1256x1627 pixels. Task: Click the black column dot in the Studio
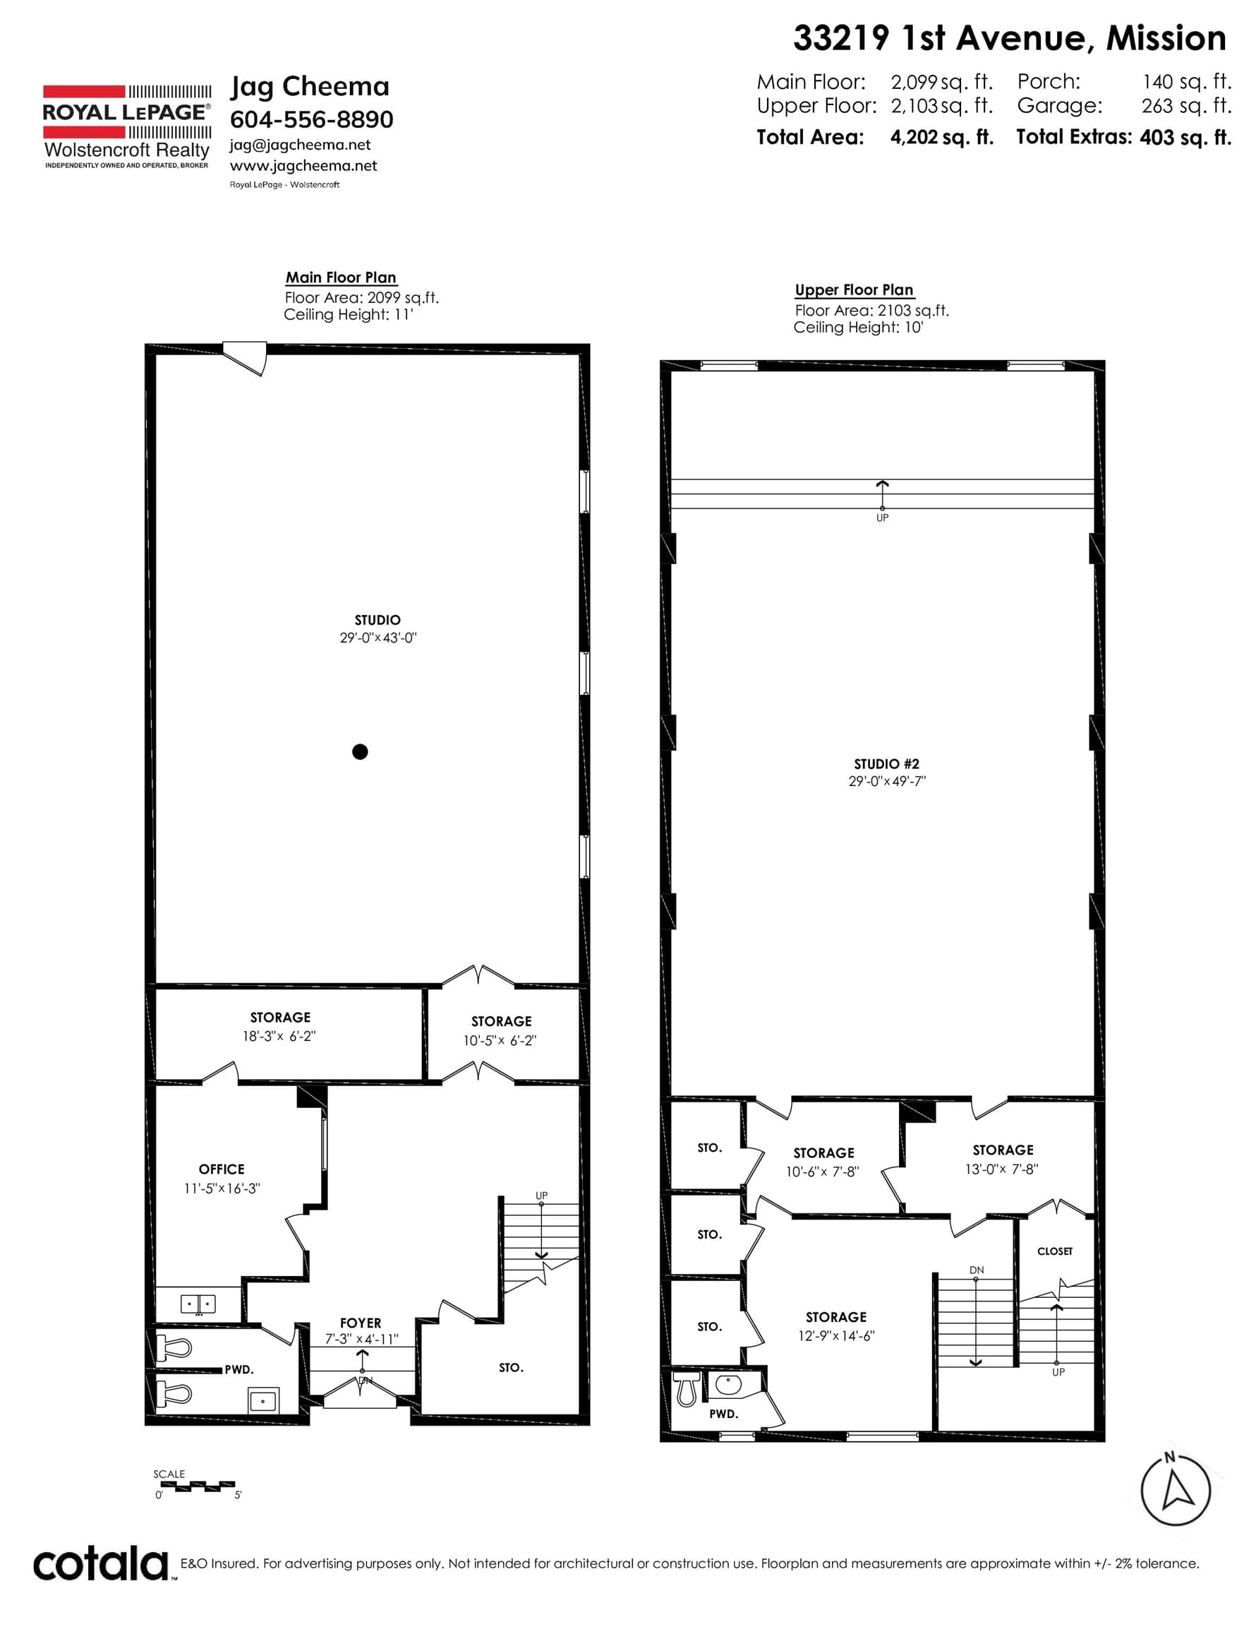click(x=360, y=751)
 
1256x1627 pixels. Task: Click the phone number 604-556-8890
click(x=311, y=119)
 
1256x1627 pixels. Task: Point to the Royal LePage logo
click(x=126, y=126)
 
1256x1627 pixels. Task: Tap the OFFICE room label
click(x=221, y=1169)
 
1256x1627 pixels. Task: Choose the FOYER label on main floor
click(x=361, y=1323)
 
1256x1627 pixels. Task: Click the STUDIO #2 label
click(x=887, y=763)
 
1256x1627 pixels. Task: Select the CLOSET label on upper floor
click(x=1055, y=1251)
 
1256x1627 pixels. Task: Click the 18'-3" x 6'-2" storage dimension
click(x=279, y=1035)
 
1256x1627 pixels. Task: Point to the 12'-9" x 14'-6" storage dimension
click(x=836, y=1336)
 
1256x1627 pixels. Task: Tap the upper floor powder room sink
click(x=727, y=1385)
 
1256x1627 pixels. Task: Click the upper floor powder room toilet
click(x=687, y=1388)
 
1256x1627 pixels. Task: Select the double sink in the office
click(x=198, y=1304)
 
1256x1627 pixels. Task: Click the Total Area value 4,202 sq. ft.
click(x=942, y=137)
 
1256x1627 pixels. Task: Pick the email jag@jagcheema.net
click(x=300, y=145)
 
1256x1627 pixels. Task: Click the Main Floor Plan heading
click(x=341, y=277)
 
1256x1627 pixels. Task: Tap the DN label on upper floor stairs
click(x=977, y=1270)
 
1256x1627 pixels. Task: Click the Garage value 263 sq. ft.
click(x=1187, y=106)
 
